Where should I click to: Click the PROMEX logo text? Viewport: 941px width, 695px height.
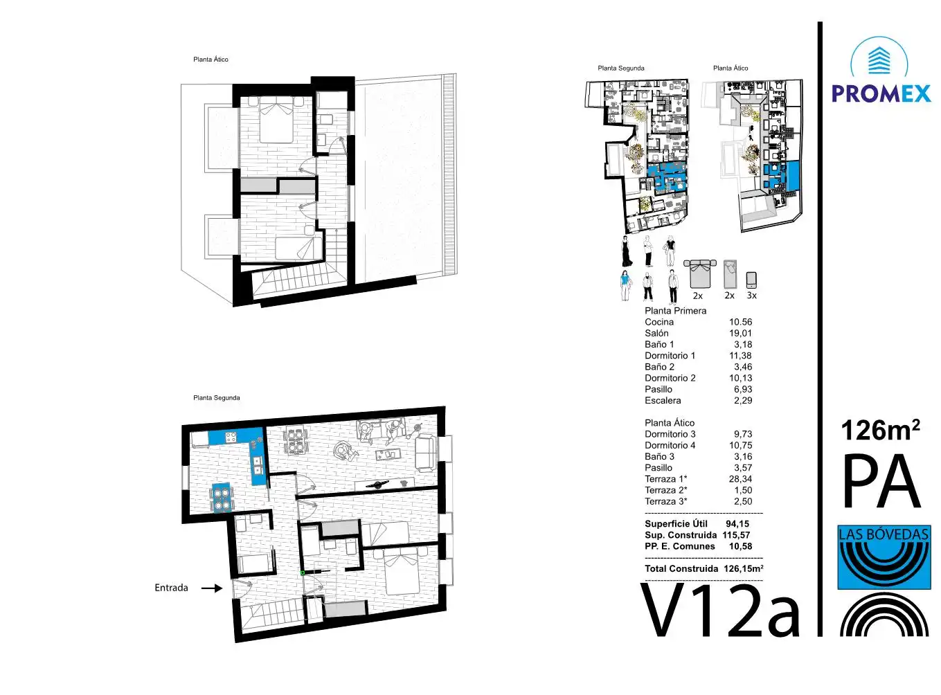881,93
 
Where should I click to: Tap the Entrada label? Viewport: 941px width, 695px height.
171,588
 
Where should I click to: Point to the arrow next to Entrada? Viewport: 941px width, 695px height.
212,588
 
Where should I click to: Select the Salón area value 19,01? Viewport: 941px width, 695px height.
740,333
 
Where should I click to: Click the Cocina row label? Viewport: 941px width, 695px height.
659,322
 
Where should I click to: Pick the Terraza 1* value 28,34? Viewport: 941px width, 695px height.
740,479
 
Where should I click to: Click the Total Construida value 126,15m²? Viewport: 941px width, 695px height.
743,568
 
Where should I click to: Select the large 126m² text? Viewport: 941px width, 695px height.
880,431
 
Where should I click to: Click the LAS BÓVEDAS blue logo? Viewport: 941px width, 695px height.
884,557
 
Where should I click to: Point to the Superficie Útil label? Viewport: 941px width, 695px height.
676,524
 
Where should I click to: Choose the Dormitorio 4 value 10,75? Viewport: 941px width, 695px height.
740,446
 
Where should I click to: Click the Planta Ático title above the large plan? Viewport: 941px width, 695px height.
210,60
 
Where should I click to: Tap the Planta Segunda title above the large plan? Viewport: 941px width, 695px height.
216,397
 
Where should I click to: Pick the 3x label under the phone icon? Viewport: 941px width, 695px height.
751,296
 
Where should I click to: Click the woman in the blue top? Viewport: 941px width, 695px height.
625,285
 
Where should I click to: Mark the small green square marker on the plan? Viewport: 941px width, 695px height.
302,572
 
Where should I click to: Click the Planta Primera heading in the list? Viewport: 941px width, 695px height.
675,311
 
